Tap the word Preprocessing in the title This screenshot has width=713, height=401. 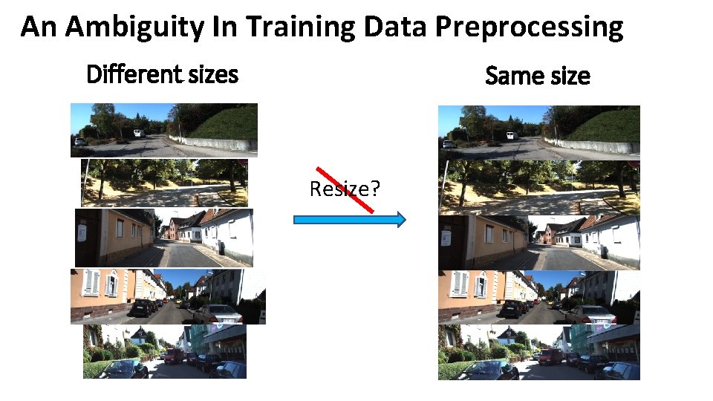pyautogui.click(x=530, y=27)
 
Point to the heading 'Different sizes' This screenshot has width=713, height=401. pyautogui.click(x=162, y=74)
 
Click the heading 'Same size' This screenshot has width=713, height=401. pyautogui.click(x=537, y=75)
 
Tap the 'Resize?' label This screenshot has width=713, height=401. pyautogui.click(x=345, y=189)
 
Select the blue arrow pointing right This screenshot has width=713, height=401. pyautogui.click(x=350, y=219)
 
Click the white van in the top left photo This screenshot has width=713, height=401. pyautogui.click(x=138, y=133)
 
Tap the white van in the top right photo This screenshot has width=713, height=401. pyautogui.click(x=509, y=135)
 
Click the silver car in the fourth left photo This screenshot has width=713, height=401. pyautogui.click(x=220, y=313)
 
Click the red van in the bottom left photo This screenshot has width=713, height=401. pyautogui.click(x=175, y=356)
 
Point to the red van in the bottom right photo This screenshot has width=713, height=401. pyautogui.click(x=550, y=356)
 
